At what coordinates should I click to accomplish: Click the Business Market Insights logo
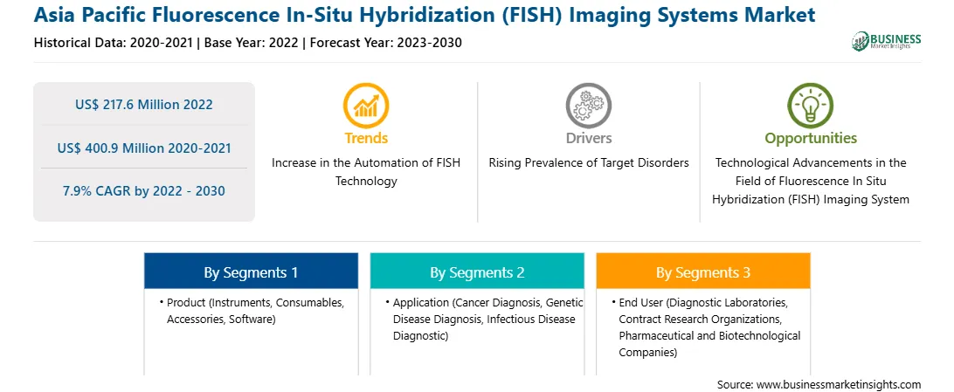tap(887, 41)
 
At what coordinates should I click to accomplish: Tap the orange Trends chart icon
tap(366, 105)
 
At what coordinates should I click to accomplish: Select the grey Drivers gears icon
tap(588, 105)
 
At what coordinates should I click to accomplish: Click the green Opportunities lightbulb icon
tap(811, 105)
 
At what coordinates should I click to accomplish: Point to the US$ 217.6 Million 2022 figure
tap(144, 105)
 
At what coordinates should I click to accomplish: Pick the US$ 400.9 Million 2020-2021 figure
tap(144, 148)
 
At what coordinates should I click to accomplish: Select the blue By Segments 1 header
tap(252, 272)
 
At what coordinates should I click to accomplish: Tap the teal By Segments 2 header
tap(477, 272)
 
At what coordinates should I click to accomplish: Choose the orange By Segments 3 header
tap(703, 272)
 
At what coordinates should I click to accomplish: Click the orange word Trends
tap(366, 138)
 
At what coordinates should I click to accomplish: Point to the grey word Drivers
tap(589, 138)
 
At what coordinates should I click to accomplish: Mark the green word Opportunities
tap(811, 138)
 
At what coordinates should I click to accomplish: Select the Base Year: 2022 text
tap(251, 43)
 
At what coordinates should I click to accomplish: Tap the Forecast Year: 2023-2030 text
tap(382, 43)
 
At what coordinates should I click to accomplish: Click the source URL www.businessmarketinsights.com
tap(839, 385)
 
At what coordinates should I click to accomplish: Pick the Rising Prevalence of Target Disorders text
tap(588, 163)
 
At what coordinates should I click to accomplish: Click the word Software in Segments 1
tap(252, 319)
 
